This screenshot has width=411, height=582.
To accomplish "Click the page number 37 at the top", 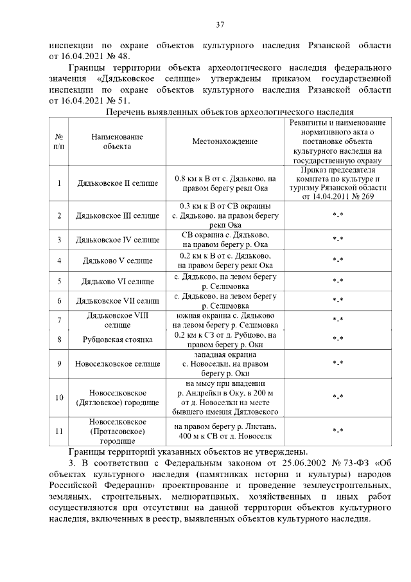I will (x=220, y=25).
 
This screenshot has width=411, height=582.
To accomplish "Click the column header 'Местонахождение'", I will (x=225, y=141).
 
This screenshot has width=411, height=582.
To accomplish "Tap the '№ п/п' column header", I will (x=59, y=141).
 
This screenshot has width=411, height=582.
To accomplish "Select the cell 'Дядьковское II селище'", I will (x=118, y=183).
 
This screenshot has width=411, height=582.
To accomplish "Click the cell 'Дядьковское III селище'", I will (x=118, y=215).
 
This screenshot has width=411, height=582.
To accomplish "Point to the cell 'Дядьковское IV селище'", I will (x=118, y=240).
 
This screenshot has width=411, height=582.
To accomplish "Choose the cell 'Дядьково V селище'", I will (x=118, y=260).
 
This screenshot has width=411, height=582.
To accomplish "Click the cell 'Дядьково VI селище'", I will (x=118, y=281).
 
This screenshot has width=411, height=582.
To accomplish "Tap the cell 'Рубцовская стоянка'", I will (x=118, y=339).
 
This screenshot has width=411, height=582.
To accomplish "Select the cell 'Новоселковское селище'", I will (x=118, y=363).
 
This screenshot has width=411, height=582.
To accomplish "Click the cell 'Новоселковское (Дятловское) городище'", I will (x=118, y=397).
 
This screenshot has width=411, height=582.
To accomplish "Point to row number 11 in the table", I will (x=59, y=431).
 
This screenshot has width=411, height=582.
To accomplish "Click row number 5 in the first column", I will (x=59, y=281).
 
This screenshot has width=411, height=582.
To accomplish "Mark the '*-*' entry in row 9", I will (x=337, y=363).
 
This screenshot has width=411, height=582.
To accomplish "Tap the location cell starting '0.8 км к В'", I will (x=225, y=183).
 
